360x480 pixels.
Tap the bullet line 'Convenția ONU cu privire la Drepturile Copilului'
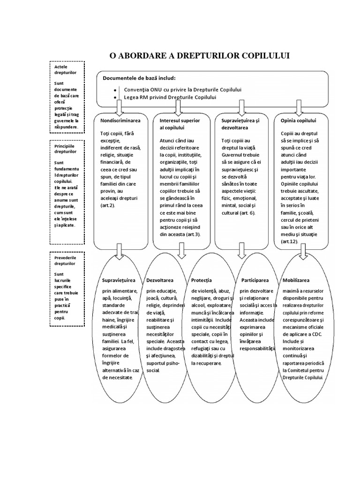click(x=183, y=89)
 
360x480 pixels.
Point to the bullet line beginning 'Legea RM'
click(x=170, y=97)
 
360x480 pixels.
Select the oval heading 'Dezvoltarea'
click(x=160, y=280)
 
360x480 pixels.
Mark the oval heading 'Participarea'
click(x=255, y=280)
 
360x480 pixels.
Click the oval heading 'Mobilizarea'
click(x=296, y=280)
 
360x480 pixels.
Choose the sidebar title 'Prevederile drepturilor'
click(x=65, y=260)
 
